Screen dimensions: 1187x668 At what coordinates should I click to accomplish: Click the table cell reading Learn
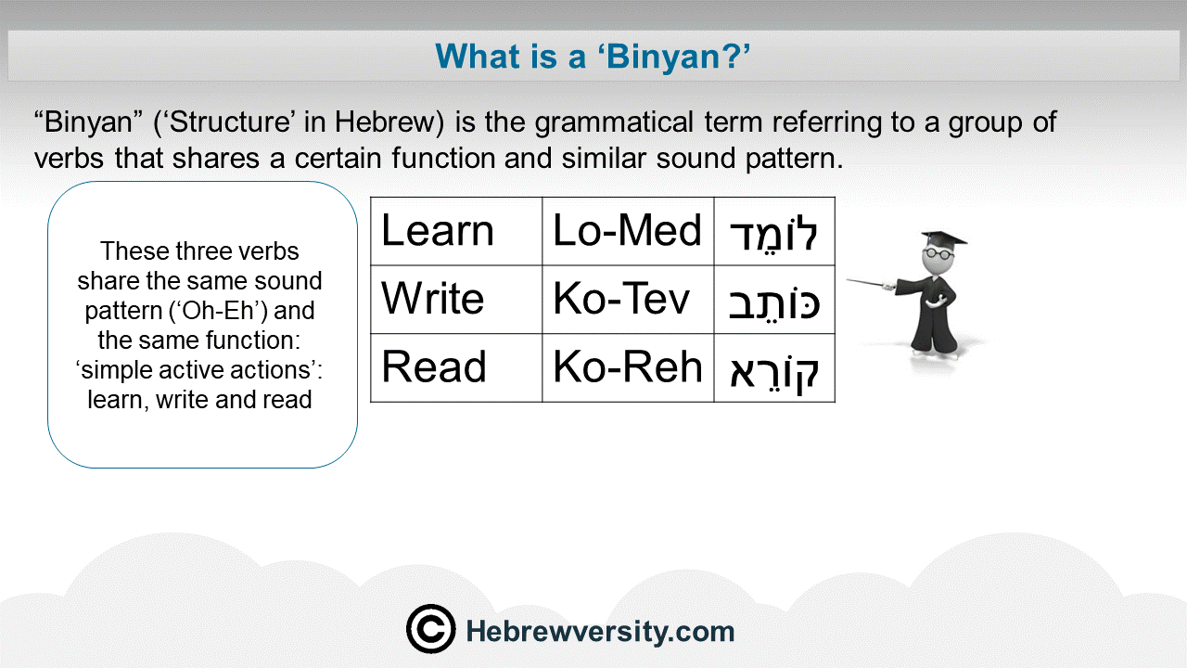pyautogui.click(x=456, y=231)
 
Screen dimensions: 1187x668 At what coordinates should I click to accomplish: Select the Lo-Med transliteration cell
pyautogui.click(x=628, y=231)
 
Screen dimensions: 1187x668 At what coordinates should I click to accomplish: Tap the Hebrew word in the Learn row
pyautogui.click(x=774, y=233)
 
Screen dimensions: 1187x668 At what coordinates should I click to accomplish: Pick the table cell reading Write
pyautogui.click(x=456, y=300)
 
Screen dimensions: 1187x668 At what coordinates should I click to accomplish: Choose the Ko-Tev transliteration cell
pyautogui.click(x=628, y=300)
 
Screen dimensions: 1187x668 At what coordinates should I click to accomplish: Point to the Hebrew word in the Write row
pyautogui.click(x=774, y=302)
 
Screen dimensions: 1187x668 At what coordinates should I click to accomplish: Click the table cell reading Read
pyautogui.click(x=456, y=367)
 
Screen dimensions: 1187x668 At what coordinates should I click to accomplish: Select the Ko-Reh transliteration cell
pyautogui.click(x=628, y=367)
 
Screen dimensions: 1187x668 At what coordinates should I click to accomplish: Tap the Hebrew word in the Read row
pyautogui.click(x=774, y=372)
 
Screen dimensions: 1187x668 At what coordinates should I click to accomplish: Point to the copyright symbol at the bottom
pyautogui.click(x=431, y=629)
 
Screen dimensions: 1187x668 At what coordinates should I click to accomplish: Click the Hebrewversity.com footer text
pyautogui.click(x=600, y=632)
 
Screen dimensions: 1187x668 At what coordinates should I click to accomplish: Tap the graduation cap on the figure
pyautogui.click(x=944, y=238)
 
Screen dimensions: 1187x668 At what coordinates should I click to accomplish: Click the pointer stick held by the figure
pyautogui.click(x=870, y=283)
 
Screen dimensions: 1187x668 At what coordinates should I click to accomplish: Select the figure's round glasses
pyautogui.click(x=938, y=253)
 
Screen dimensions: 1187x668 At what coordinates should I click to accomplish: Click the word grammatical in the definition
pyautogui.click(x=614, y=122)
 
